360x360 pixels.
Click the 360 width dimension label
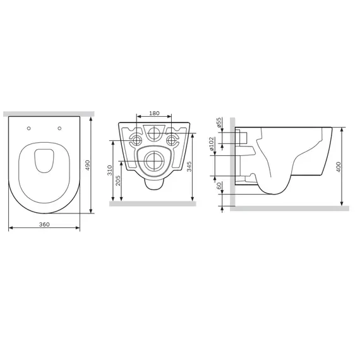coord(44,224)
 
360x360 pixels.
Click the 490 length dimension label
coord(88,165)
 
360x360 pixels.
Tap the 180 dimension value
coord(154,113)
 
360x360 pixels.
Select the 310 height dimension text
coord(110,170)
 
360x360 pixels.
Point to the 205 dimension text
coord(117,181)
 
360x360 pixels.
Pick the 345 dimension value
coord(189,167)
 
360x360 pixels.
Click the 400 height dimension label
coord(339,167)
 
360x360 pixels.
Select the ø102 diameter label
coord(212,144)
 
